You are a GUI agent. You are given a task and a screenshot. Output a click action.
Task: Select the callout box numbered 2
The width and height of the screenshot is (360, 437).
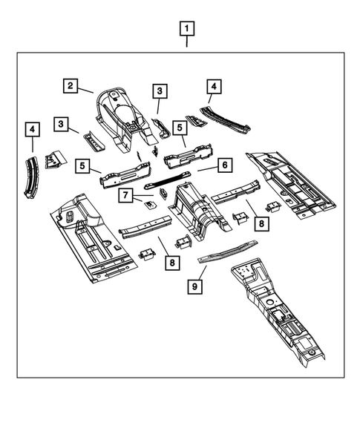point(70,86)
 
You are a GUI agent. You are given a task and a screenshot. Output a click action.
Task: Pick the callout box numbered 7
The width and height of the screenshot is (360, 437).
point(126,195)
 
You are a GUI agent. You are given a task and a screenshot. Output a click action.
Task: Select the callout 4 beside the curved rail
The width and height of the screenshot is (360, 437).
point(32,130)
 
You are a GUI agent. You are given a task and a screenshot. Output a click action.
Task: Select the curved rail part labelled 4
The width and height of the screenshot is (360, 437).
point(31,176)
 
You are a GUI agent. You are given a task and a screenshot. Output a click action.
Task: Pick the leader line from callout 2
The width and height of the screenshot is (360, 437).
point(85,91)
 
